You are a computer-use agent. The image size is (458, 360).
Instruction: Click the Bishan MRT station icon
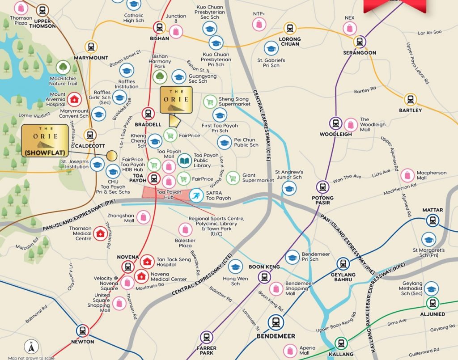pyautogui.click(x=160, y=27)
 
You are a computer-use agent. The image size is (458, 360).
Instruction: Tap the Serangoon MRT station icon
pyautogui.click(x=359, y=42)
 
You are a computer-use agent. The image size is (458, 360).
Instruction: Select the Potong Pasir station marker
pyautogui.click(x=323, y=187)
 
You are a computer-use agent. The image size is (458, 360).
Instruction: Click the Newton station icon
pyautogui.click(x=82, y=331)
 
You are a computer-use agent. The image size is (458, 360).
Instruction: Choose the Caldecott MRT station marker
pyautogui.click(x=90, y=135)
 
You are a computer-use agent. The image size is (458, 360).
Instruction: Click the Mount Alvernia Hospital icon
pyautogui.click(x=73, y=98)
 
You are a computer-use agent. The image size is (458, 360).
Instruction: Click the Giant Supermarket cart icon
pyautogui.click(x=233, y=178)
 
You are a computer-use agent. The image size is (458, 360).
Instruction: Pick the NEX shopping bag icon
pyautogui.click(x=349, y=28)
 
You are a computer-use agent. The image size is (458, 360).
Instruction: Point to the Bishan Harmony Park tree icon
pyautogui.click(x=159, y=76)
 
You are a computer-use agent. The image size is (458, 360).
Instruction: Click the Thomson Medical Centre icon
pyautogui.click(x=100, y=233)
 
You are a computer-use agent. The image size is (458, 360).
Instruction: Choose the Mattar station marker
pyautogui.click(x=433, y=220)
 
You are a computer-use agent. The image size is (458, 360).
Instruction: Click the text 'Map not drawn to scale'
pyautogui.click(x=31, y=357)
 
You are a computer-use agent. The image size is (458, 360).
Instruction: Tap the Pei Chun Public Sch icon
pyautogui.click(x=225, y=142)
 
